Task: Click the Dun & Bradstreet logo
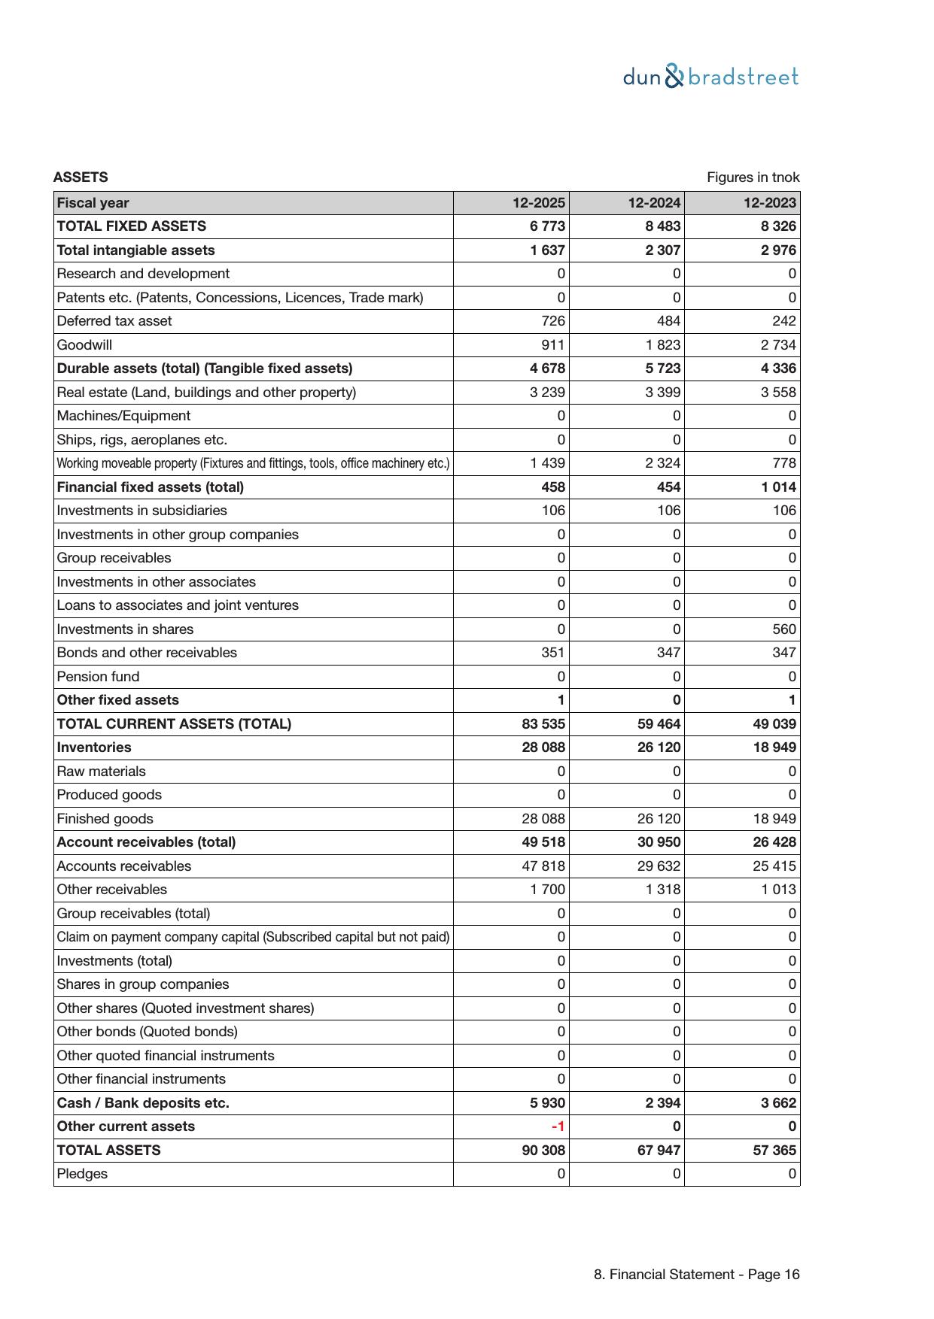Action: (710, 77)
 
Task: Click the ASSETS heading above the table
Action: (81, 177)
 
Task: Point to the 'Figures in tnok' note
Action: (753, 177)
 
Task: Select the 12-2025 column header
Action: (539, 203)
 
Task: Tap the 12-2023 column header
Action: (769, 203)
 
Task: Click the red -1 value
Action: (558, 1126)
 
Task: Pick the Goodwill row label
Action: (84, 345)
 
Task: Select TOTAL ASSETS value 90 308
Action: (543, 1151)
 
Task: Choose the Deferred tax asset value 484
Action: (668, 321)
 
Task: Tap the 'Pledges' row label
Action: (82, 1174)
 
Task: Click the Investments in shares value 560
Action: (783, 629)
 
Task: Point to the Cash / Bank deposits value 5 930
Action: (547, 1103)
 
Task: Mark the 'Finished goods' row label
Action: (105, 819)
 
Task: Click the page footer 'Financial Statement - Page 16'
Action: (696, 1275)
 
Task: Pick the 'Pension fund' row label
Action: (98, 677)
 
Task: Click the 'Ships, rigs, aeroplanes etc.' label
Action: (141, 440)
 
